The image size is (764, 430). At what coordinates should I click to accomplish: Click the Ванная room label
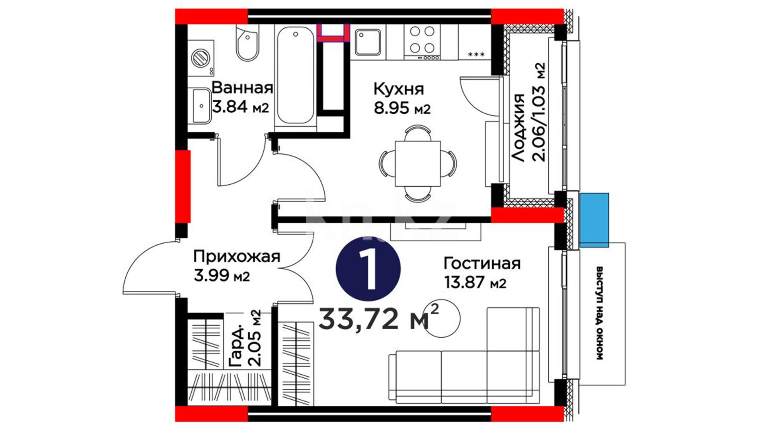point(242,88)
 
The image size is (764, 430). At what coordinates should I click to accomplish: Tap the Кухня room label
point(398,90)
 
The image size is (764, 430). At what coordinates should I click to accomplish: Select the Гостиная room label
point(482,264)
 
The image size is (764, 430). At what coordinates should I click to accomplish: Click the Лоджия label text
point(518,127)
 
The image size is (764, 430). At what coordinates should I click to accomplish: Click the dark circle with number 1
point(368,269)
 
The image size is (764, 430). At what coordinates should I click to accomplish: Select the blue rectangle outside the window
point(594,220)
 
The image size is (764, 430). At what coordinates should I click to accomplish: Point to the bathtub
point(295,76)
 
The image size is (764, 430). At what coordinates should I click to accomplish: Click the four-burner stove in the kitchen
point(422,42)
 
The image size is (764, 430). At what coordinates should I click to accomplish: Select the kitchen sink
point(368,42)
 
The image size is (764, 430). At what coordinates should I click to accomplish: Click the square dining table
point(417,163)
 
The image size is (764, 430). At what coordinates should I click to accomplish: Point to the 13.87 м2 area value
point(475,282)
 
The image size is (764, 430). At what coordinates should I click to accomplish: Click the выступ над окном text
point(599,313)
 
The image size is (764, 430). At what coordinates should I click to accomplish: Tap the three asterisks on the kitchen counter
point(476,54)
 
